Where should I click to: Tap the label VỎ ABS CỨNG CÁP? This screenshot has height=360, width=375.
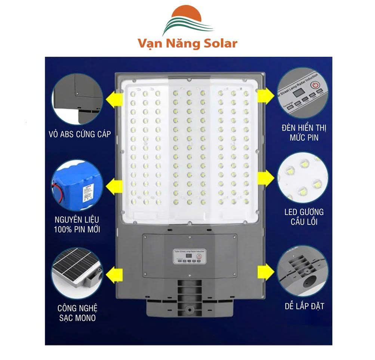(x=80, y=134)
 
